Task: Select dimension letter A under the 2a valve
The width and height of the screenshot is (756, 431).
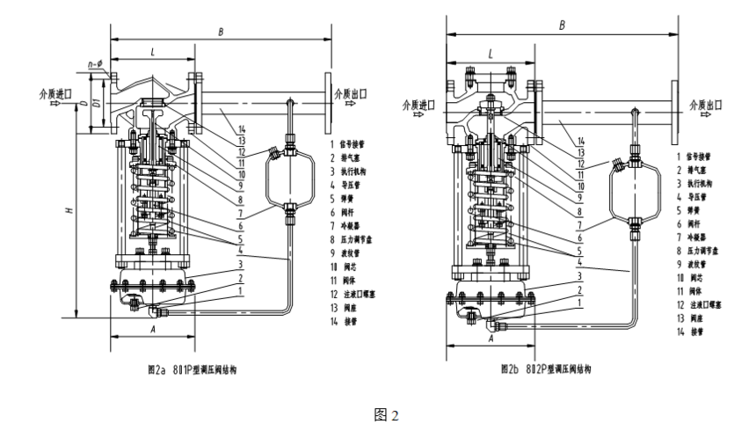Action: coord(153,328)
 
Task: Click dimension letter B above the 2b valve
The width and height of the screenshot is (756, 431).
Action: coord(563,26)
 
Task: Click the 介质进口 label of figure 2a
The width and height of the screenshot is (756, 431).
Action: coord(54,91)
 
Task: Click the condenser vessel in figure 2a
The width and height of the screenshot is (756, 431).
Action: coord(288,175)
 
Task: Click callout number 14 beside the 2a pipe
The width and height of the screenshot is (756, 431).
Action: coord(239,129)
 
